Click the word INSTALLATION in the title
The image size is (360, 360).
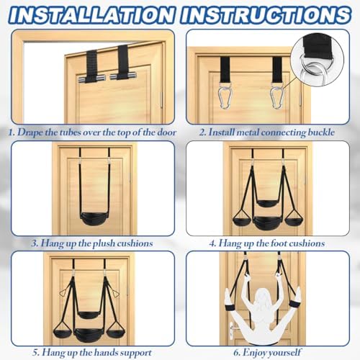click(x=91, y=15)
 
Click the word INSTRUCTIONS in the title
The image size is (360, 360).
click(x=266, y=15)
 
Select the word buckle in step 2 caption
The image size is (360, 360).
click(x=321, y=132)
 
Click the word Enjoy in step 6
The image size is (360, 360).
click(x=254, y=353)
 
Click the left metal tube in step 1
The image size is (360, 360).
click(x=91, y=78)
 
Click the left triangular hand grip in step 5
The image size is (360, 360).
click(x=63, y=293)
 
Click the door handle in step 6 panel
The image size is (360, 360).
click(x=232, y=330)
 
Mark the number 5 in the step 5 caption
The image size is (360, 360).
click(x=35, y=353)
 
